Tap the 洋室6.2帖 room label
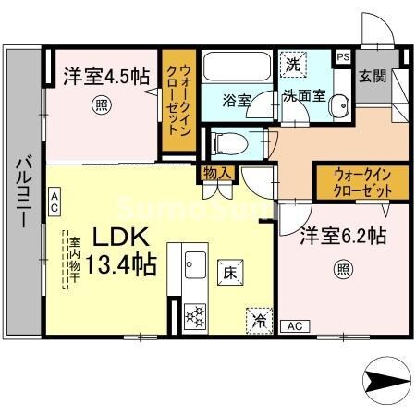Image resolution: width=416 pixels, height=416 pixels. [x=341, y=238]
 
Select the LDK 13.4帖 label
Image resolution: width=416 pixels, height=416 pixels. [x=123, y=247]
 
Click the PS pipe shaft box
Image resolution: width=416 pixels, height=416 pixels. [x=343, y=57]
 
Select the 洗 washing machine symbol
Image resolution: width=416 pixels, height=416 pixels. [x=291, y=65]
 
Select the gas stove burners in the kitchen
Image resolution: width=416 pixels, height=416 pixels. [x=196, y=315]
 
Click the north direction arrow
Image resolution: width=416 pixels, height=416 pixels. [x=385, y=379]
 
